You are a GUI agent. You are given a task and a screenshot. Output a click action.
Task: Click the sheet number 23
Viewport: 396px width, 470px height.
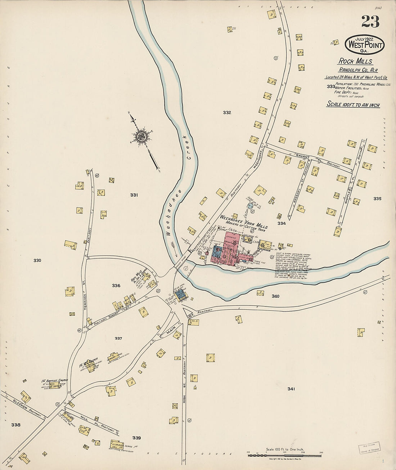(x=370, y=22)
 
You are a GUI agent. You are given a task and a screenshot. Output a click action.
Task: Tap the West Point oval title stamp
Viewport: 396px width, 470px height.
(x=364, y=45)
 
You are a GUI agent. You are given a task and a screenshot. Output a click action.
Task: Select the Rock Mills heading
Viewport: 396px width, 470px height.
(x=355, y=61)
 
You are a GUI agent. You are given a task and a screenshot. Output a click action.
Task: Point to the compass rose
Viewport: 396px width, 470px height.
(x=141, y=136)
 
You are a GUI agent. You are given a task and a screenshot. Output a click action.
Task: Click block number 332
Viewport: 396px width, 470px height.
(x=227, y=113)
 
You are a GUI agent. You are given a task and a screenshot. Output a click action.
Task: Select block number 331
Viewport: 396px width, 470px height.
(x=134, y=195)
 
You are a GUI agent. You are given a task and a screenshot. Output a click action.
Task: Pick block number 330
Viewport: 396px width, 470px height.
(x=37, y=260)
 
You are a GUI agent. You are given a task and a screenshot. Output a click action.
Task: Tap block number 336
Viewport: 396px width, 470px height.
(x=116, y=286)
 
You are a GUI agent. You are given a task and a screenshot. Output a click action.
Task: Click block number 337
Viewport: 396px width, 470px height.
(x=118, y=339)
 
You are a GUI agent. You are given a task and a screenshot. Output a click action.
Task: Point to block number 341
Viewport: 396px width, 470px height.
(x=291, y=389)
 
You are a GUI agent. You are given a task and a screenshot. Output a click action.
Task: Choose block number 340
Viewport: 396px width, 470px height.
(x=275, y=296)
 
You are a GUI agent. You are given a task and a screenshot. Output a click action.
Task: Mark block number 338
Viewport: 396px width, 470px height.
(x=16, y=425)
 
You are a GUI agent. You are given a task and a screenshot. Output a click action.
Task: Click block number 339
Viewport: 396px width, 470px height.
(x=136, y=438)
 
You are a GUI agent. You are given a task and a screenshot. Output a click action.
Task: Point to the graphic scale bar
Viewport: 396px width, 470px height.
(x=284, y=456)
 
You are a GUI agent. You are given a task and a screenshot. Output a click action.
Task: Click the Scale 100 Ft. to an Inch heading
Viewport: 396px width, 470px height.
(x=353, y=104)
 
